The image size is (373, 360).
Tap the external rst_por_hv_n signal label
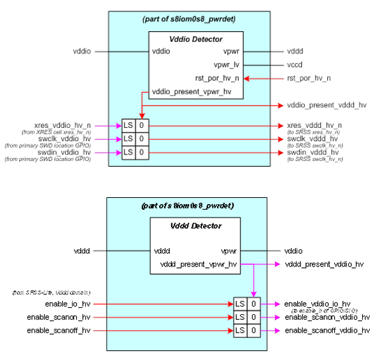tap(309, 78)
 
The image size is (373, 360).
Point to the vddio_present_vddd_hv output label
tap(327, 105)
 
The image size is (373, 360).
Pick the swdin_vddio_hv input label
tap(64, 153)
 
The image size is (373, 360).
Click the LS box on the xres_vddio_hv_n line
tap(128, 125)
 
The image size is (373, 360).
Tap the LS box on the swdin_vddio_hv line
tap(128, 153)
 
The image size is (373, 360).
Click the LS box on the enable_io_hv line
tap(240, 304)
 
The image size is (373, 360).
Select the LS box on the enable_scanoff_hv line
tap(240, 331)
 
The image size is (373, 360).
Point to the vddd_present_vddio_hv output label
tap(324, 264)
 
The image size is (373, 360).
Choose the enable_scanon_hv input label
tap(59, 317)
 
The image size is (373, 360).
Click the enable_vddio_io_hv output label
tap(317, 304)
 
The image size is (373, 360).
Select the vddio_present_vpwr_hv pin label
tap(192, 92)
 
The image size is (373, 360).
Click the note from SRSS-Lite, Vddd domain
tap(52, 292)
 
